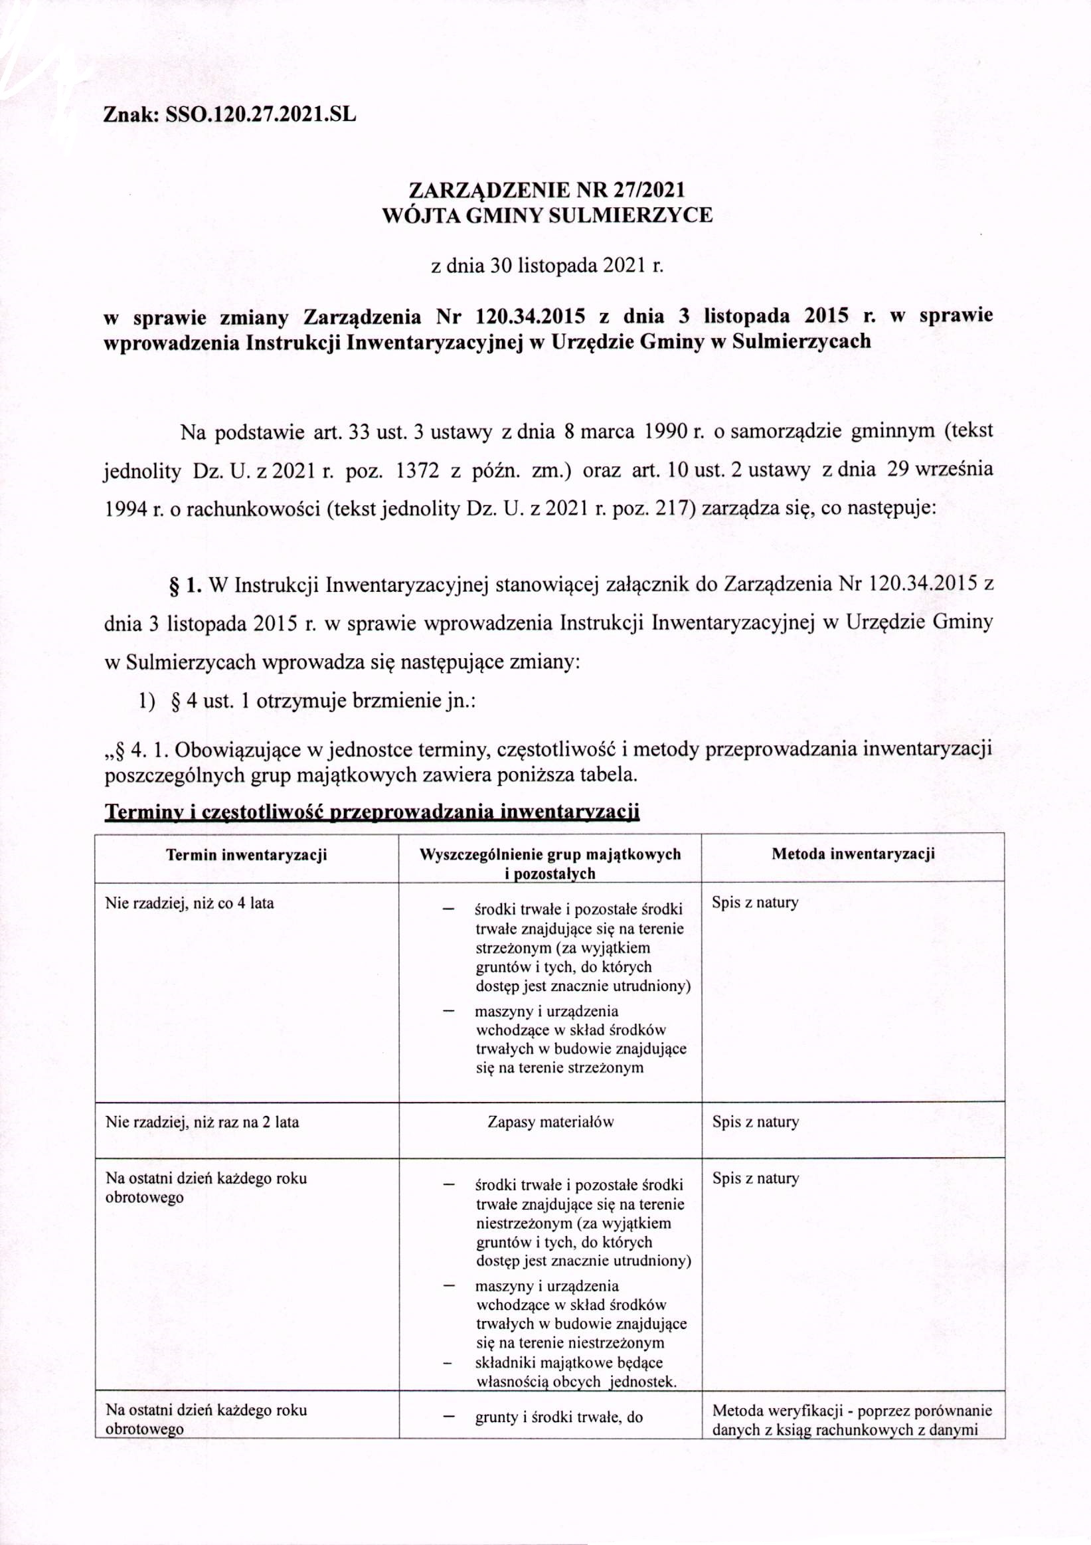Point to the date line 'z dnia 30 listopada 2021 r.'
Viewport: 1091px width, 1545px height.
pos(546,266)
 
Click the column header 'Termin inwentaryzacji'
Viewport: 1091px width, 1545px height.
pos(246,855)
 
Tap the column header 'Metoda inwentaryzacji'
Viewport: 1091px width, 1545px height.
pos(853,854)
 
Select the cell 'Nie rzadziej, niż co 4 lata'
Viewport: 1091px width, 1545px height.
pos(191,903)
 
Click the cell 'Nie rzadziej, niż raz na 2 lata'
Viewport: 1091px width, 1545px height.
pos(203,1122)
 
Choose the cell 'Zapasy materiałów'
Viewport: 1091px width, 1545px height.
pos(550,1122)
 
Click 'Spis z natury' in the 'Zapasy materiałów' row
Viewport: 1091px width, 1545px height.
pos(756,1122)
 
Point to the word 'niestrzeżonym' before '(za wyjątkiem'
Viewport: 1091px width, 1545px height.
pos(521,1223)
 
